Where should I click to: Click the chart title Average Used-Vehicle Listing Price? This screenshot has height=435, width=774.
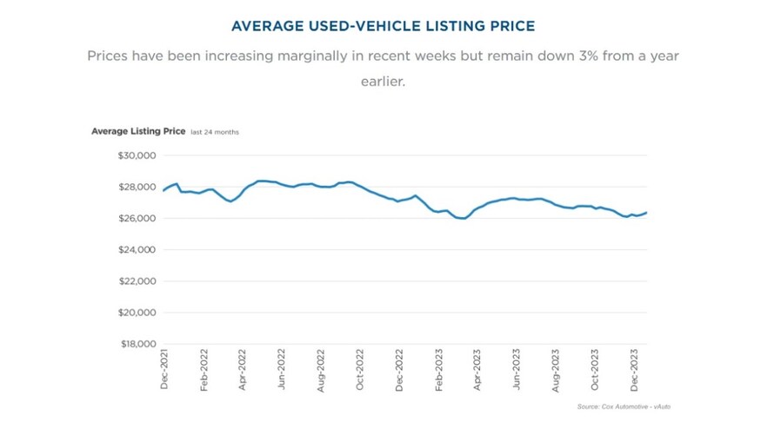pos(383,26)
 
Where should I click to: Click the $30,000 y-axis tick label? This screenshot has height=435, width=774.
pos(135,155)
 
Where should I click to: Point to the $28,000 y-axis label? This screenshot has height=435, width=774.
pos(135,187)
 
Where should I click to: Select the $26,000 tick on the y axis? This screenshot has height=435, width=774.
pos(135,218)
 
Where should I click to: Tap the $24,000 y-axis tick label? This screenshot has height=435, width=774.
pos(135,250)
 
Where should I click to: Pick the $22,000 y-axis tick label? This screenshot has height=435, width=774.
pos(135,281)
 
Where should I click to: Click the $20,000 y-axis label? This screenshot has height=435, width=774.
pos(135,313)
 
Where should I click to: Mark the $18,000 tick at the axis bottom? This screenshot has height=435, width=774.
pos(135,344)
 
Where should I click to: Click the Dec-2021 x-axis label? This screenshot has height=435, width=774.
pos(164,368)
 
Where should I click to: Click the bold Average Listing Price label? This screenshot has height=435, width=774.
pos(138,131)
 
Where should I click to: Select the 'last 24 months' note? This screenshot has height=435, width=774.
pos(215,132)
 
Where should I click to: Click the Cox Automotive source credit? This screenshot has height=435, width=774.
pos(624,406)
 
